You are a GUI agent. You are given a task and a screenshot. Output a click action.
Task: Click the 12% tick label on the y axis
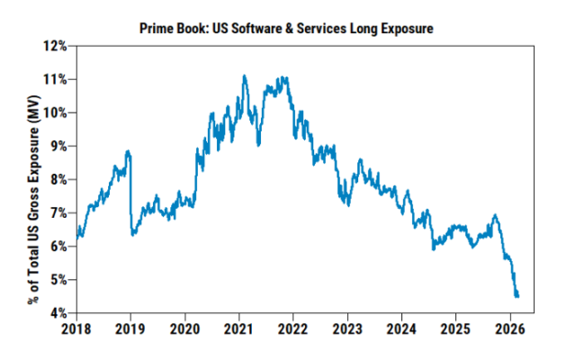57,46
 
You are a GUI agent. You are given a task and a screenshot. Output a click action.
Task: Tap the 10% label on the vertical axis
57,112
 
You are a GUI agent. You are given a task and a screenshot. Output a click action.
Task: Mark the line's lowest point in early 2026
517,295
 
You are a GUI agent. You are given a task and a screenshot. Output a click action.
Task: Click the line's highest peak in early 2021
245,76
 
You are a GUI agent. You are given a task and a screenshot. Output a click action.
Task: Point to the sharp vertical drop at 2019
131,193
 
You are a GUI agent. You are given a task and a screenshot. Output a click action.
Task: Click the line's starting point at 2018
78,231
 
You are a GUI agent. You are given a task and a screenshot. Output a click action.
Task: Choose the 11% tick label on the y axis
57,79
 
